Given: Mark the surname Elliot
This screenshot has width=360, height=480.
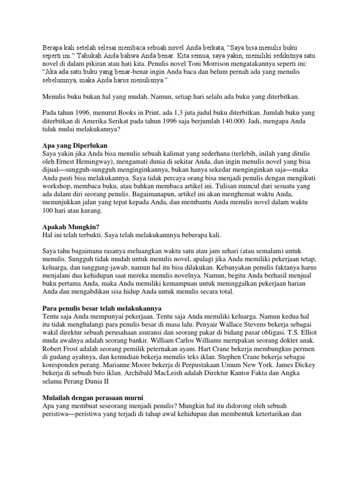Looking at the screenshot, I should (310, 333).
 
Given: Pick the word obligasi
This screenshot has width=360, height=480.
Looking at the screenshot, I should (266, 333).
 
